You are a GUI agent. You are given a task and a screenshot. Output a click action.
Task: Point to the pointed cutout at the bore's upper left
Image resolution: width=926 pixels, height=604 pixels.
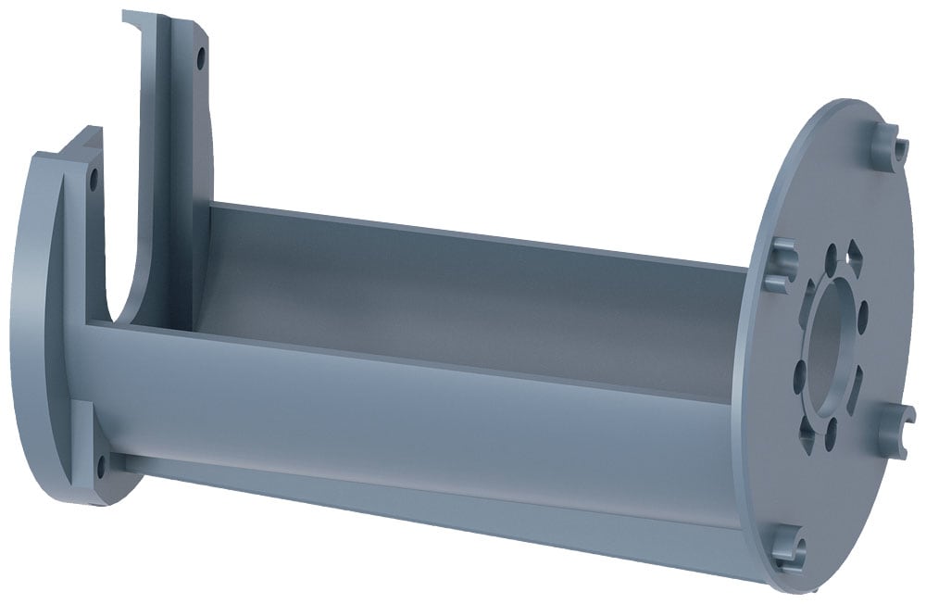(x=808, y=295)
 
